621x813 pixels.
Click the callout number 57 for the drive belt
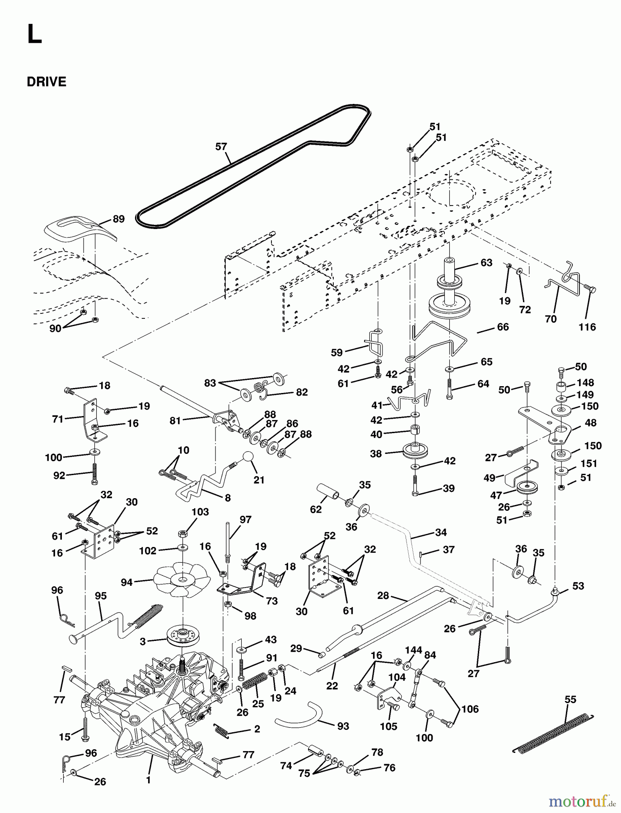coord(221,147)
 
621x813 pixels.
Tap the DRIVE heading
coord(47,82)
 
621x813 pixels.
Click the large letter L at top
coord(34,34)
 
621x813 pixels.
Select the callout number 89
coord(118,219)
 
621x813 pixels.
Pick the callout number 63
coord(486,263)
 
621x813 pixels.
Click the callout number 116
coord(587,327)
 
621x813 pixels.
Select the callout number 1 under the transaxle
coord(148,780)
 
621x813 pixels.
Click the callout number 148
coord(585,383)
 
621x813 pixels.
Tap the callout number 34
coord(441,533)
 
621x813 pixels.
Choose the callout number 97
coord(245,520)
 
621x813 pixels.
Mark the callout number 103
coord(200,512)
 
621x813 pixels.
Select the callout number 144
coord(413,650)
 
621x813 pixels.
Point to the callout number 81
coord(175,421)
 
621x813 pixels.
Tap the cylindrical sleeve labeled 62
coord(330,491)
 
